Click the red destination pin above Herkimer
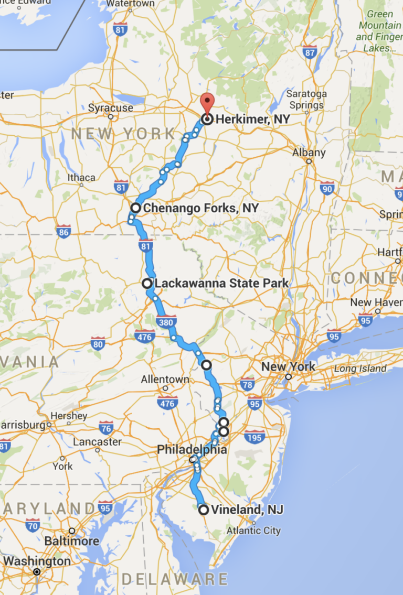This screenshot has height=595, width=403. click(x=207, y=101)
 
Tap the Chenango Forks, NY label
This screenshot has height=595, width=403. click(x=200, y=208)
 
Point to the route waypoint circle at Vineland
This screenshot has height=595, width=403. click(x=204, y=510)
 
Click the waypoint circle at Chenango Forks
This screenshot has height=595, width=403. click(x=135, y=208)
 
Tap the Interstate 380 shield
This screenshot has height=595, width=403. click(x=166, y=322)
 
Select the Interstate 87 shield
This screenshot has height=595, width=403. click(x=310, y=52)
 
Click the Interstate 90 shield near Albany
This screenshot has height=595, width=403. click(x=327, y=188)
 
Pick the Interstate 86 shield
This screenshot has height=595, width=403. click(x=64, y=231)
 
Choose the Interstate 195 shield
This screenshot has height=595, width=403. click(x=254, y=437)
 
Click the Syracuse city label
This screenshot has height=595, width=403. click(x=110, y=107)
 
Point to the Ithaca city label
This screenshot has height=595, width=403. click(x=81, y=177)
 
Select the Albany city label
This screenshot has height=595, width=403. click(x=309, y=153)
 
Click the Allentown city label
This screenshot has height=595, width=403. click(x=165, y=379)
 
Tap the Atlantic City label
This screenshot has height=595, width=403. click(x=253, y=531)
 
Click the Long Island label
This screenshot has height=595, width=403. click(x=360, y=369)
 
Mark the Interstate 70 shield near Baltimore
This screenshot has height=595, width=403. click(x=33, y=524)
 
